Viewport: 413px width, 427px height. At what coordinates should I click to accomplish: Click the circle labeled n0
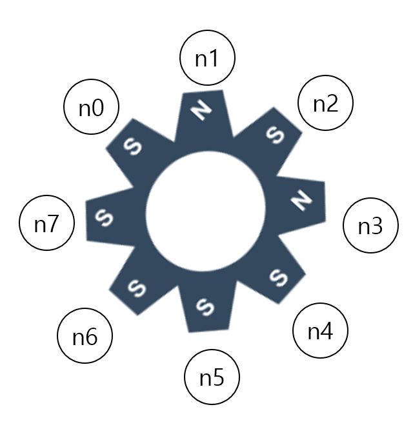point(91,108)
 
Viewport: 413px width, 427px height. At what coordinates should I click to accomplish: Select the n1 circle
point(206,59)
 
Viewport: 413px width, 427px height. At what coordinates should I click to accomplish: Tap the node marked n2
point(325,104)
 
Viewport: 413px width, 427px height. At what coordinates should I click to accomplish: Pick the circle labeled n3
point(370,226)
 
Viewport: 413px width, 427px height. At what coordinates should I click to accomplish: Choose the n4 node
point(320,332)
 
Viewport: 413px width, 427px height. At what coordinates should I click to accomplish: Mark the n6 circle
point(85,337)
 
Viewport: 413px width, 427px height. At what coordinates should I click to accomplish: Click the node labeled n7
point(47,224)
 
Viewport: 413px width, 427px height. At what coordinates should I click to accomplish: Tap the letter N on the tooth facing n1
point(202,111)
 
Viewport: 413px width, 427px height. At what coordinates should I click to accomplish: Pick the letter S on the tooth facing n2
point(276,135)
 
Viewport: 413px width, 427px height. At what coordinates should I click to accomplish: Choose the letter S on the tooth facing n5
point(205,304)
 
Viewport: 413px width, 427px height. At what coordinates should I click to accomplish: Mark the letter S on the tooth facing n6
point(136,286)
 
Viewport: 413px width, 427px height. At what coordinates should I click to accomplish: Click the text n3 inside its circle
point(370,226)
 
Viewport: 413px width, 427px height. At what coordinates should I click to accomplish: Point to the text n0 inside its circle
point(91,108)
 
